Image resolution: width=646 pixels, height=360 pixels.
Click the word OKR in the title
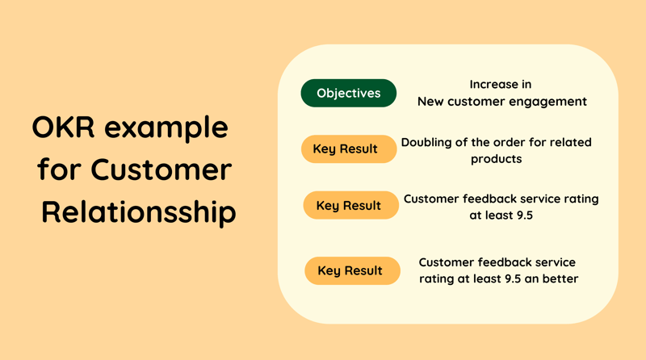[63, 127]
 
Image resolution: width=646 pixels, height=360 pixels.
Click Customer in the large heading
[161, 170]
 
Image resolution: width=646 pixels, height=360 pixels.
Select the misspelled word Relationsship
[139, 212]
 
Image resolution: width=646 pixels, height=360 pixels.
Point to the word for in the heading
[58, 169]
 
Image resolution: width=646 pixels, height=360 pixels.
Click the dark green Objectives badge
[349, 93]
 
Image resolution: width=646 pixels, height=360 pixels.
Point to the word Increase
[501, 85]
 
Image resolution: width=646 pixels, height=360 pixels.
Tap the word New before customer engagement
[430, 102]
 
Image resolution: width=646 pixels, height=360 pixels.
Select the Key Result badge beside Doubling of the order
[349, 149]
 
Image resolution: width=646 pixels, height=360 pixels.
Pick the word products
[497, 159]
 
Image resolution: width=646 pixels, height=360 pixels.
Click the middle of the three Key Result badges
[351, 205]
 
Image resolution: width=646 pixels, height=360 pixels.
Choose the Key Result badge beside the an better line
[352, 270]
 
